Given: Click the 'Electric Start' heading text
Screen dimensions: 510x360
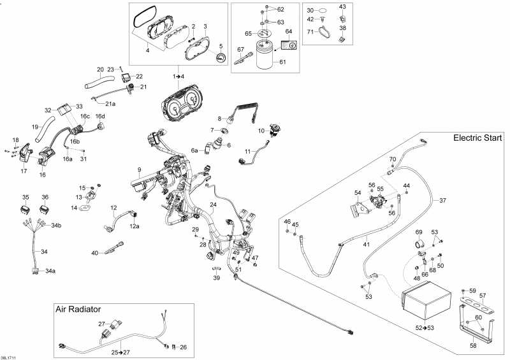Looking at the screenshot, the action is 477,138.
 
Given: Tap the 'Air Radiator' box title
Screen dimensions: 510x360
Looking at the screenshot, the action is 78,309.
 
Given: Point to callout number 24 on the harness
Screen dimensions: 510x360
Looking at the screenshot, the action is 214,205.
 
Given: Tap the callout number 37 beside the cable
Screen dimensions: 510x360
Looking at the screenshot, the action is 442,201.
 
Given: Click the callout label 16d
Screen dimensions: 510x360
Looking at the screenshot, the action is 100,117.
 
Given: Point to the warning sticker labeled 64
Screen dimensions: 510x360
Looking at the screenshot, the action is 289,45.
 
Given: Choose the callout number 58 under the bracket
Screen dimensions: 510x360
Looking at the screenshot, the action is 474,346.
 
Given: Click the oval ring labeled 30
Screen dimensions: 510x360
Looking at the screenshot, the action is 321,11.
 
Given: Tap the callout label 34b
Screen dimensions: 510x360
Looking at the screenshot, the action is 56,225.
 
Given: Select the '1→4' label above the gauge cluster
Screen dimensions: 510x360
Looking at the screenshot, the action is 178,76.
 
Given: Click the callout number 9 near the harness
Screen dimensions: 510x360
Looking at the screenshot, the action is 139,169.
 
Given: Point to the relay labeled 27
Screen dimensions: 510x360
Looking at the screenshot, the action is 115,324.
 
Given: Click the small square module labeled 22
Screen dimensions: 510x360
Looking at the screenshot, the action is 126,77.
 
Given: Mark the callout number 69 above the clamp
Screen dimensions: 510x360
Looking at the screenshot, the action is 419,232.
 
